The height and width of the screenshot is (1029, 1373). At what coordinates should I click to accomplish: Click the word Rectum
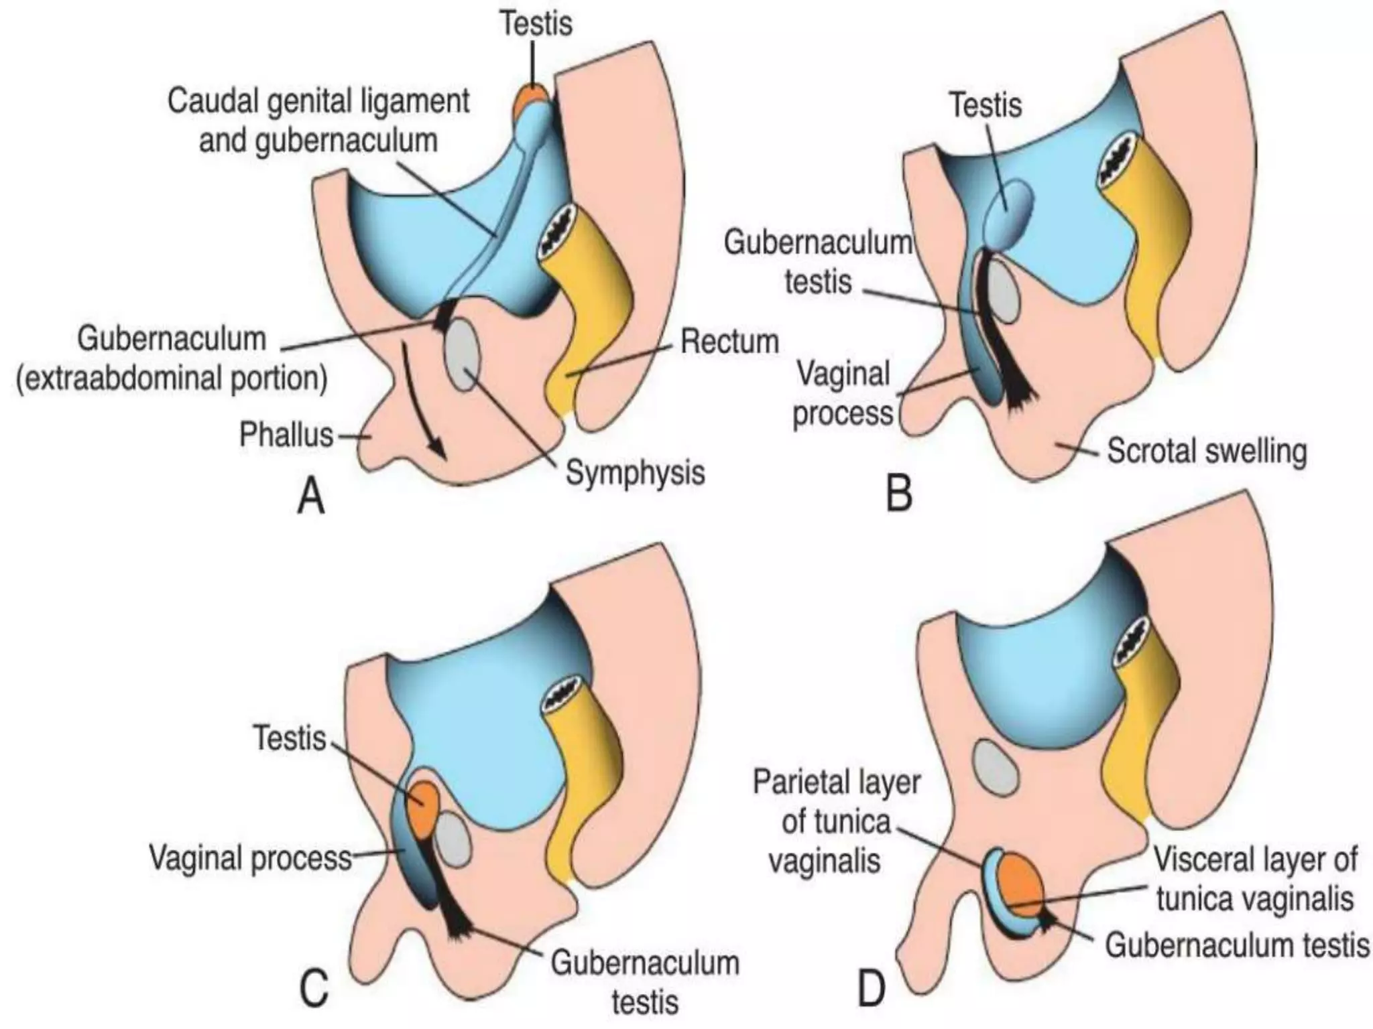coord(729,342)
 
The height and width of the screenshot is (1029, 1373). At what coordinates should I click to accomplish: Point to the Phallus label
coord(286,435)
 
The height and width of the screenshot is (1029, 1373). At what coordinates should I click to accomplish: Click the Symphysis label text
coord(635,472)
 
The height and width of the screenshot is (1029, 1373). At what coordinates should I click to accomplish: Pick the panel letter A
coord(310,496)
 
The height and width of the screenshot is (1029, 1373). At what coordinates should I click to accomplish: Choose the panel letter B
coord(899,494)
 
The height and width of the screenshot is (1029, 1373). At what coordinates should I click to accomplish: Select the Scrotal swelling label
coord(1207,451)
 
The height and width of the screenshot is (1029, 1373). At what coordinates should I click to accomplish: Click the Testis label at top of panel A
coord(536,23)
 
